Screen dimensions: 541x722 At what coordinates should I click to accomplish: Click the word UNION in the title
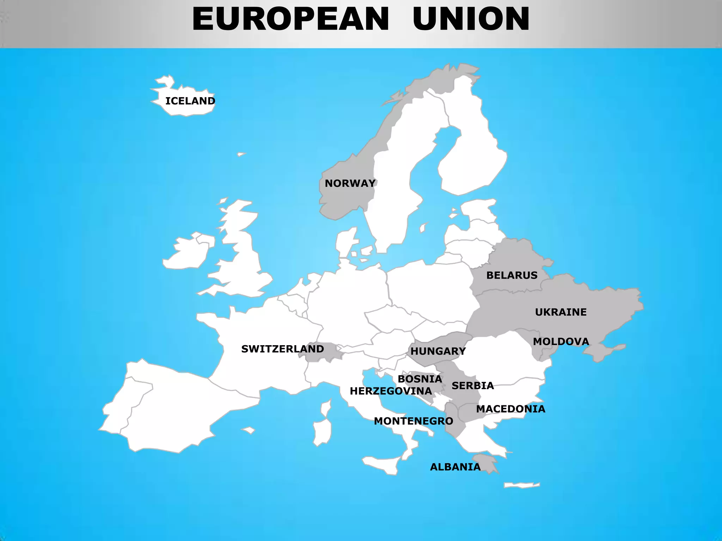point(471,19)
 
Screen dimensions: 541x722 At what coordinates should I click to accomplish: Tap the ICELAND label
point(190,101)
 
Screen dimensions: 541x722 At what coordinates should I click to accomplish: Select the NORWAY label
point(350,184)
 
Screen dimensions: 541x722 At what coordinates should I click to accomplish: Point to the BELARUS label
point(512,275)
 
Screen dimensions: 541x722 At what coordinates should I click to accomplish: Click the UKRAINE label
point(561,312)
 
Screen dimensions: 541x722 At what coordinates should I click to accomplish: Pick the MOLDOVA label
point(561,342)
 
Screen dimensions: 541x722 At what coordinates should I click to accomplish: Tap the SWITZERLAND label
point(282,349)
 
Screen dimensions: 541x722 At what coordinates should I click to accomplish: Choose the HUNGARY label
point(438,351)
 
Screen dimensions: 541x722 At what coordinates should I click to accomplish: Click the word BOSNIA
point(420,379)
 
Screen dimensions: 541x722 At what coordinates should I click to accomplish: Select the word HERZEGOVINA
point(391,391)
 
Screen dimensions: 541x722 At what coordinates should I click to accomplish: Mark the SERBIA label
point(473,386)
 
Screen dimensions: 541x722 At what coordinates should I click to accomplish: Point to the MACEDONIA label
point(510,409)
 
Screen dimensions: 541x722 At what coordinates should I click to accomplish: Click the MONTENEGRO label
point(413,421)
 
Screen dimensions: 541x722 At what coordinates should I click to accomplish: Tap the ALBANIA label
point(455,467)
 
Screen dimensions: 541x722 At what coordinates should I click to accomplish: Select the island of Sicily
point(383,465)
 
